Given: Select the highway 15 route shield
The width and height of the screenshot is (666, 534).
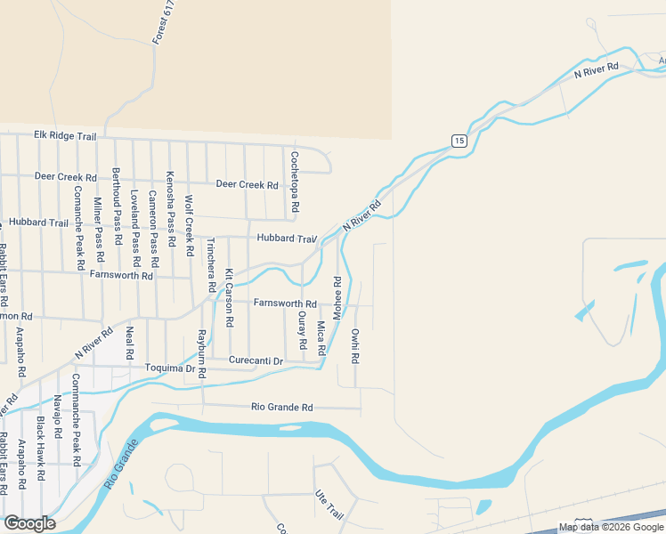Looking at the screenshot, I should point(459,141).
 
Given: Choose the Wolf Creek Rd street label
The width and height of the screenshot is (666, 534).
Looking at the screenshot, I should point(189,225).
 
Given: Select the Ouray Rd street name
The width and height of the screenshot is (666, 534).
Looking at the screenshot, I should point(303,330).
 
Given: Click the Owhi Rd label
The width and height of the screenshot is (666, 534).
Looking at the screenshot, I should point(354,346).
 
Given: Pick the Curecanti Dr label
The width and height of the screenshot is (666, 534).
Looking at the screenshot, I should point(256,360).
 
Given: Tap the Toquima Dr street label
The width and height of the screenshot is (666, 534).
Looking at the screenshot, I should point(170,368).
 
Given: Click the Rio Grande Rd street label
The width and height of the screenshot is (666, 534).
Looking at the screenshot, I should point(282,408).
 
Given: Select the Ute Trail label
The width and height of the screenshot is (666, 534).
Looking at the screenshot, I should point(329,503).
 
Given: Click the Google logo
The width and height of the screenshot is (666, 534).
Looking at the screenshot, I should point(29,523).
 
